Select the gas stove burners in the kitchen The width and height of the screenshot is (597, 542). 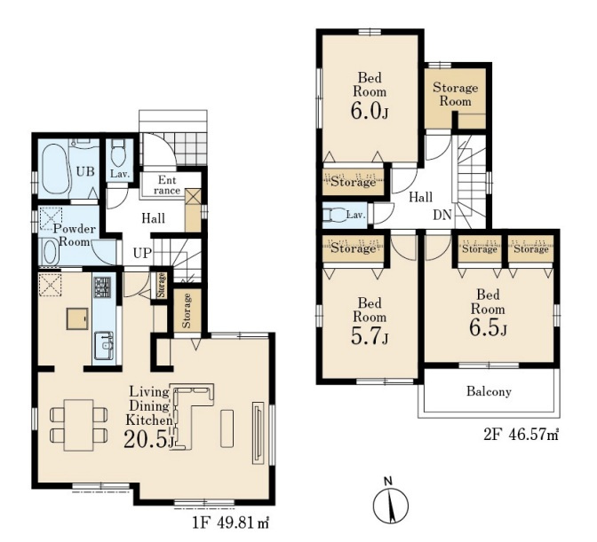coord(103,287)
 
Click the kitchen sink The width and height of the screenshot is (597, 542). coord(104,345)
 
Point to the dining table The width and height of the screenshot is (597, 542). coord(78,425)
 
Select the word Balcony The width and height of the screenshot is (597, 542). coord(489,391)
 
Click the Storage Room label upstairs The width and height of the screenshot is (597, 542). coord(456,95)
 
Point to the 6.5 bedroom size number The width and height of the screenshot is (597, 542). coord(483,329)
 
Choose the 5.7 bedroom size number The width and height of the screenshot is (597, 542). coord(365,337)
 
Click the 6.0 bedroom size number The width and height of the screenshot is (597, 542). coord(365,112)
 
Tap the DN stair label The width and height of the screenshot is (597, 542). coord(442,216)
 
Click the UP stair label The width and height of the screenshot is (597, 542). coord(142,253)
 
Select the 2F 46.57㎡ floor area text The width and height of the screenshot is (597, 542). coord(521,435)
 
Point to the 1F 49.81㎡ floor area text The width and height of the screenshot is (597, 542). coord(231,523)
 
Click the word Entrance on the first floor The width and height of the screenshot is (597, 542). coord(167,185)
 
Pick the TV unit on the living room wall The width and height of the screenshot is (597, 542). coord(259,433)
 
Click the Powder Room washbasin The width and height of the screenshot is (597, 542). coord(49,251)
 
